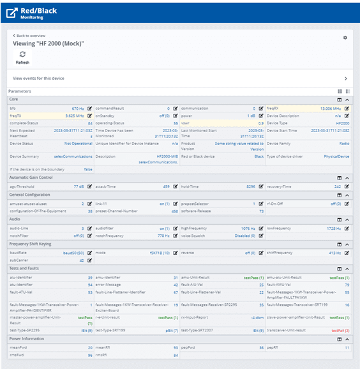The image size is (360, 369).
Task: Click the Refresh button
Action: tap(22, 57)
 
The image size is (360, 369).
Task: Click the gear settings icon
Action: tap(345, 38)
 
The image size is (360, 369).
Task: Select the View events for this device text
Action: tap(38, 79)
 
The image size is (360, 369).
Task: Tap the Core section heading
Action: tap(13, 100)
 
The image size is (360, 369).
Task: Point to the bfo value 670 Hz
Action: tap(77, 109)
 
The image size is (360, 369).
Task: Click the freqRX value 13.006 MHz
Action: tap(329, 109)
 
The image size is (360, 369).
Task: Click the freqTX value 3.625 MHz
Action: tap(75, 116)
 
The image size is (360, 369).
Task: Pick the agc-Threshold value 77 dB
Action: tap(78, 186)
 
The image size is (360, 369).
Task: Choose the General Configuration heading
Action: tap(29, 194)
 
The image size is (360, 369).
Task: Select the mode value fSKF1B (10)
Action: tap(158, 253)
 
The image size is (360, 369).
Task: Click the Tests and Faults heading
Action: tap(25, 269)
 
